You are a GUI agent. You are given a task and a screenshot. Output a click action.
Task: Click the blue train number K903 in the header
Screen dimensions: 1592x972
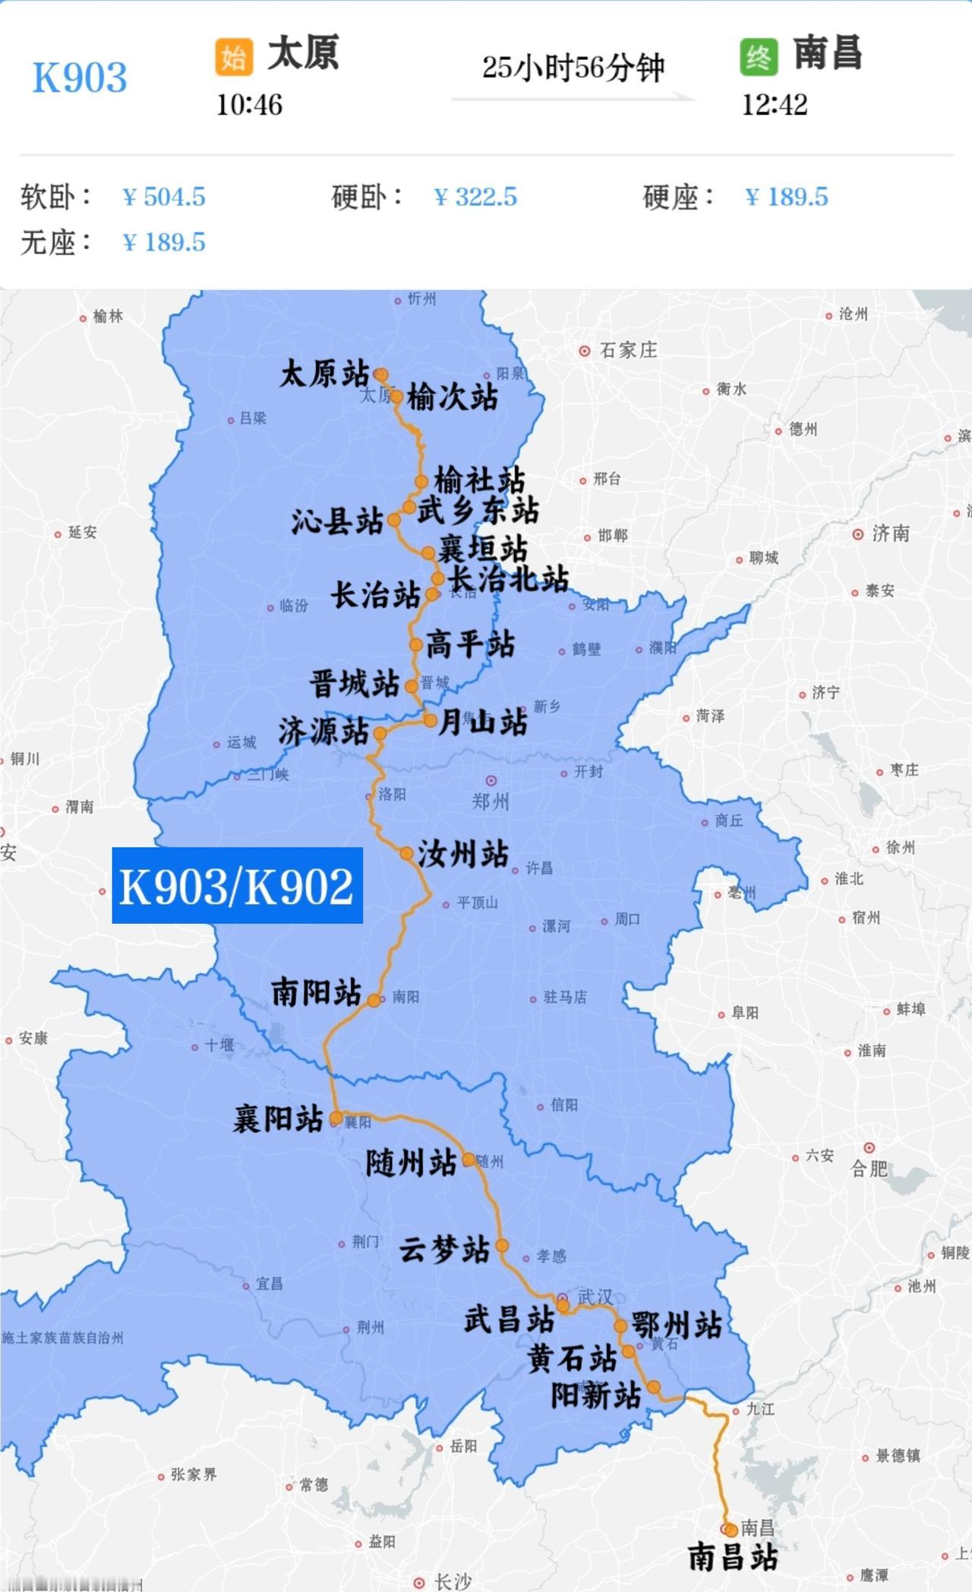click(x=80, y=77)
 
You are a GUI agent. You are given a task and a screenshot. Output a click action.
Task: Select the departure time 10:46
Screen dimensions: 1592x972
click(x=249, y=105)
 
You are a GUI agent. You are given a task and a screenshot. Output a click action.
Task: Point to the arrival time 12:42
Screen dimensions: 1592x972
click(x=774, y=105)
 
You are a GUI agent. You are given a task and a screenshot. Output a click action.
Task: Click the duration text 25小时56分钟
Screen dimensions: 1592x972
click(x=573, y=68)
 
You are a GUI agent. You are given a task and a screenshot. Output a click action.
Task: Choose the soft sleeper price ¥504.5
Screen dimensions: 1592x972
click(x=164, y=197)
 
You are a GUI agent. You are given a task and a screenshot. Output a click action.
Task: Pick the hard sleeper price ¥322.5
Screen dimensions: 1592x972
click(x=475, y=197)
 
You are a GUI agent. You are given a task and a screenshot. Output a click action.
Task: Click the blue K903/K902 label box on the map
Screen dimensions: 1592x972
click(x=237, y=885)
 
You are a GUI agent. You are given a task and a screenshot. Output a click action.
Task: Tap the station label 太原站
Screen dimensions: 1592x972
click(x=324, y=374)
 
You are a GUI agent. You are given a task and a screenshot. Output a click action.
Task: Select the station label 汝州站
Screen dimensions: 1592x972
click(x=462, y=854)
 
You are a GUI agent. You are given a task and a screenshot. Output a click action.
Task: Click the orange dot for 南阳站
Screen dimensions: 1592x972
click(x=374, y=1001)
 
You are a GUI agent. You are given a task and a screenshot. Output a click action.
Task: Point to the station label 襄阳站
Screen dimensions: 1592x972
click(x=278, y=1119)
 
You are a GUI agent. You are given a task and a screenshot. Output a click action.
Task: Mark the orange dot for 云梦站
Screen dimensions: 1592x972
click(x=502, y=1245)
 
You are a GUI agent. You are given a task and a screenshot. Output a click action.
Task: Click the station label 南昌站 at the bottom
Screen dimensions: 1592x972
click(x=733, y=1557)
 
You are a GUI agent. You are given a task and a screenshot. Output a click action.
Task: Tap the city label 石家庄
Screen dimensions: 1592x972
click(x=627, y=351)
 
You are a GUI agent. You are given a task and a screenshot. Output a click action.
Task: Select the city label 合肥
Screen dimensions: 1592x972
click(x=869, y=1168)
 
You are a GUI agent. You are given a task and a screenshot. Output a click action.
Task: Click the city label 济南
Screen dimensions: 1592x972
click(x=890, y=534)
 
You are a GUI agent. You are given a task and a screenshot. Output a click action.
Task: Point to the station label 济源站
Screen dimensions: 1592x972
click(x=323, y=732)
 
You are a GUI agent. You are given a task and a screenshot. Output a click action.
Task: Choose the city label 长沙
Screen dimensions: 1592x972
click(x=453, y=1582)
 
